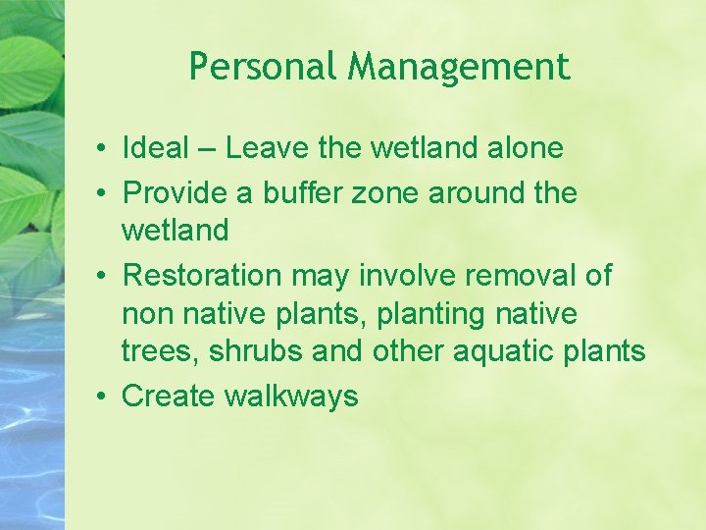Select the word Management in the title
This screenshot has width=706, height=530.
point(459,68)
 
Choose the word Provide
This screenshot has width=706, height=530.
point(179,193)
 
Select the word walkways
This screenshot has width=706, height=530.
point(291,397)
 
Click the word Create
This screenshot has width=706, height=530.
point(169,397)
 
